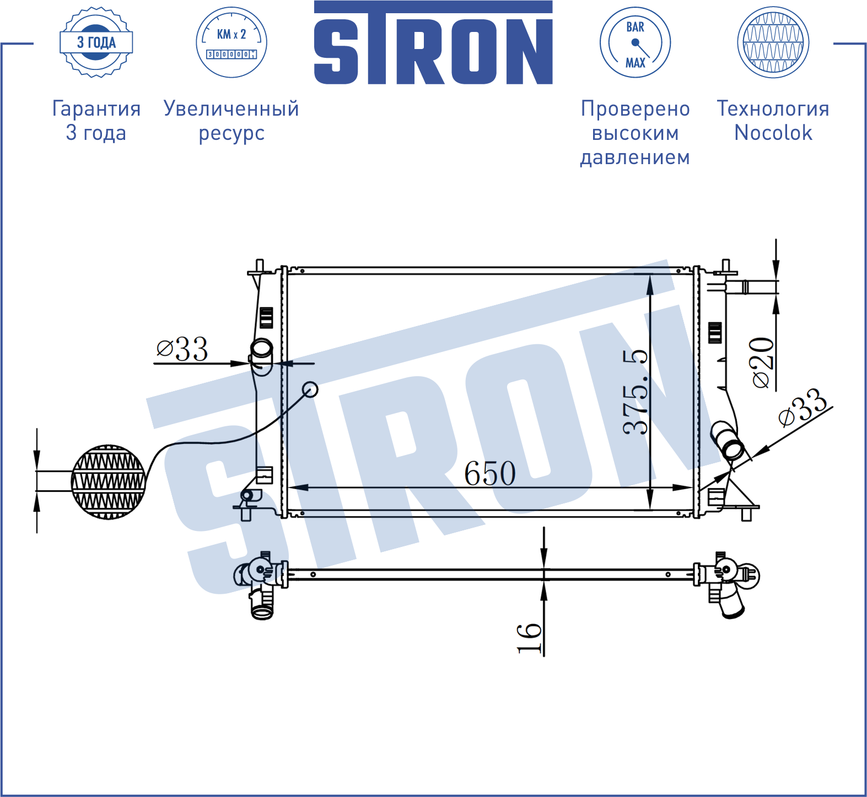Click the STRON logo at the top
coord(433,42)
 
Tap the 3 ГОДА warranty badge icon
coord(96,42)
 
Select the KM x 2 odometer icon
coord(231,42)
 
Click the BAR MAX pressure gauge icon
coord(635,42)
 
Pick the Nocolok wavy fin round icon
coord(773,42)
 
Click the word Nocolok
coord(773,133)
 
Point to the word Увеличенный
coord(231,109)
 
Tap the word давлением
coord(635,158)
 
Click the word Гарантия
coord(96,109)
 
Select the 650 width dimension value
coord(490,473)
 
